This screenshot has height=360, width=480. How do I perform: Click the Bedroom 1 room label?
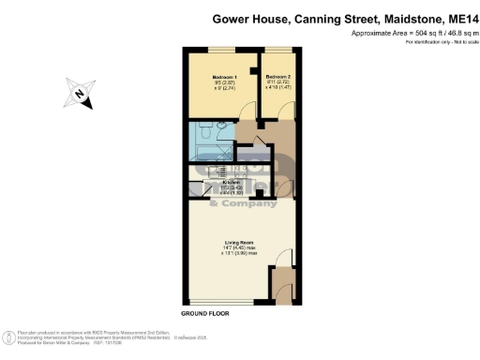[224, 77]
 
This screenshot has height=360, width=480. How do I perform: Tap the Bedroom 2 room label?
[278, 77]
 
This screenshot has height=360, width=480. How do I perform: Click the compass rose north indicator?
[79, 94]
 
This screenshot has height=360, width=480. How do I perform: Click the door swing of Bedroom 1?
[247, 111]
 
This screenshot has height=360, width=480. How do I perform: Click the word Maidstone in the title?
[403, 17]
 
